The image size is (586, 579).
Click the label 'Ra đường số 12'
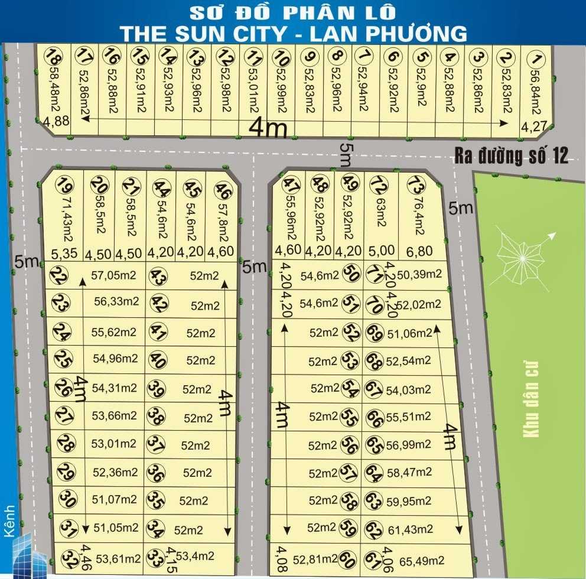tap(511, 155)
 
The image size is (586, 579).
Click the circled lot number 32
tap(69, 558)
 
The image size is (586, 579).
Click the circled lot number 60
tap(348, 558)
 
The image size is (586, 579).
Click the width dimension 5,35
tap(64, 255)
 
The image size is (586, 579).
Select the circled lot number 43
tap(158, 277)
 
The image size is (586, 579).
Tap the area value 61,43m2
tap(411, 529)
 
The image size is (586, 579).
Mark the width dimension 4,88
tap(56, 122)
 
